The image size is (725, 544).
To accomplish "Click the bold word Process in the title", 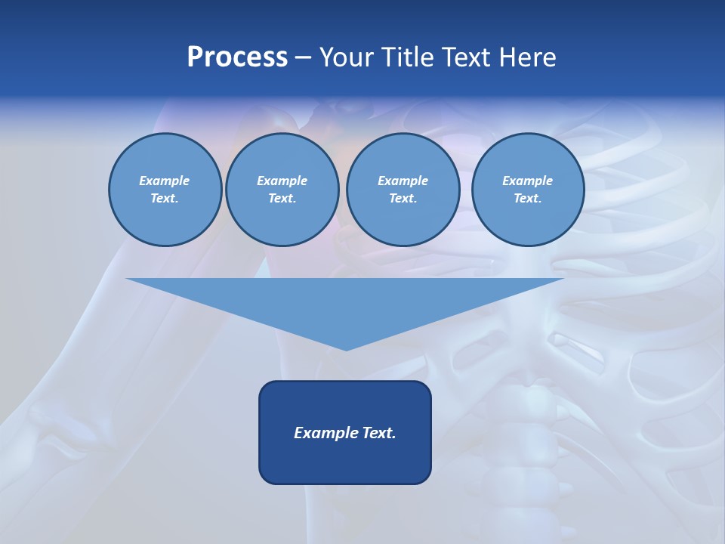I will point(237,57).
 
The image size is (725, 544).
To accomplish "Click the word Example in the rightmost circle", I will point(527,181).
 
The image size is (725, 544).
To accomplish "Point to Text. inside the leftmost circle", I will point(165,198).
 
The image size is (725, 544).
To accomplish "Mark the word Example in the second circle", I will point(282,181).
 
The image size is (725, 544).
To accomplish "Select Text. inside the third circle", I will point(403,198).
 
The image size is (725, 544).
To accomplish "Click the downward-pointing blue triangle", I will point(345,302).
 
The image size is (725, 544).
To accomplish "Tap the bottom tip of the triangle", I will point(346,348).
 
